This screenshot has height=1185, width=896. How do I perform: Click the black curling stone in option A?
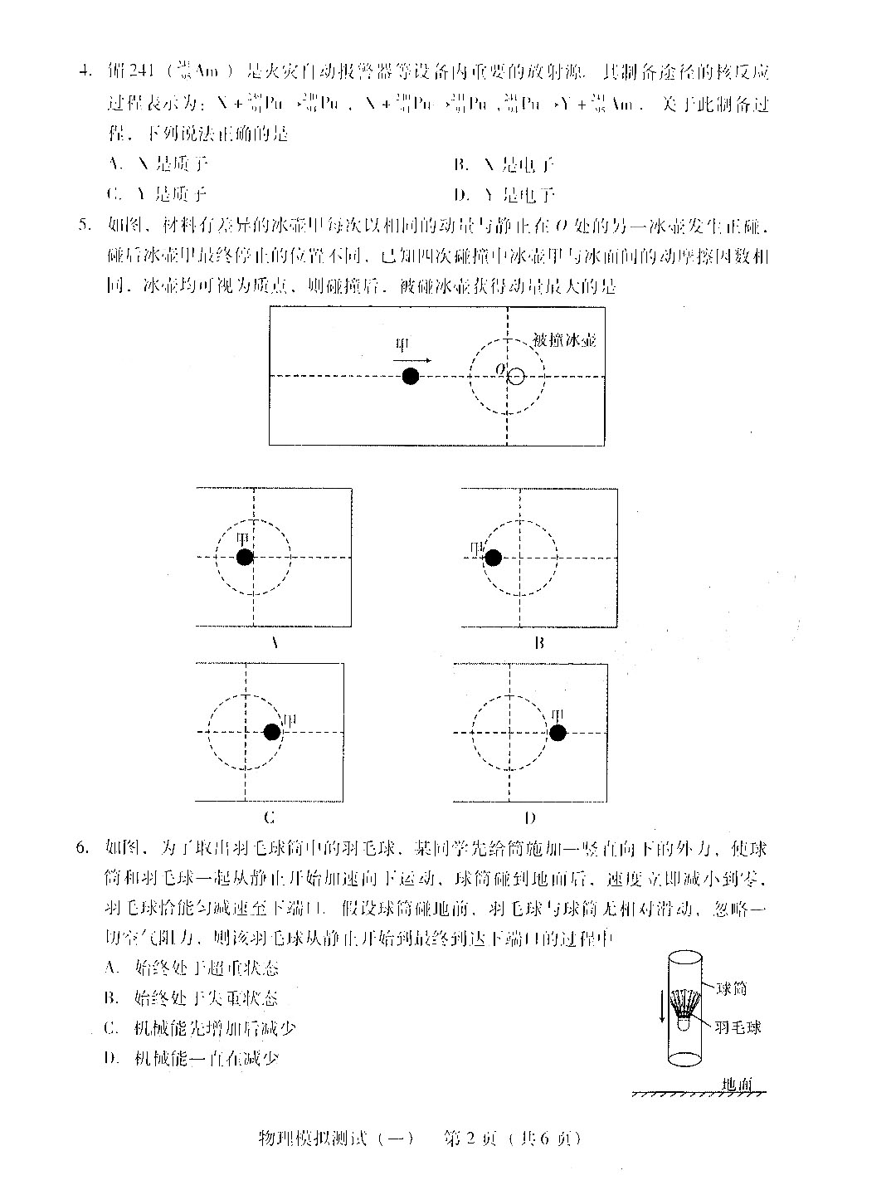pyautogui.click(x=244, y=557)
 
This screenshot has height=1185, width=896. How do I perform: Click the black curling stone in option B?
pyautogui.click(x=493, y=557)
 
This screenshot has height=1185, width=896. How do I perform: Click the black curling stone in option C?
pyautogui.click(x=272, y=732)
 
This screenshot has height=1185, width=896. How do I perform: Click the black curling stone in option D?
pyautogui.click(x=558, y=732)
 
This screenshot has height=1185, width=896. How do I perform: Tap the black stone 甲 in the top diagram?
pyautogui.click(x=410, y=376)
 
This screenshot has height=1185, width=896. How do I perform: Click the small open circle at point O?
pyautogui.click(x=516, y=377)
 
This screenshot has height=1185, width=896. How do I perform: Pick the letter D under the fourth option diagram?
pyautogui.click(x=530, y=817)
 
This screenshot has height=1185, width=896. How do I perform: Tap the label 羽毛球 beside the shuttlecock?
pyautogui.click(x=738, y=1027)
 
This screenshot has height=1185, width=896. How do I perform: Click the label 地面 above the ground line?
pyautogui.click(x=736, y=1085)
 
